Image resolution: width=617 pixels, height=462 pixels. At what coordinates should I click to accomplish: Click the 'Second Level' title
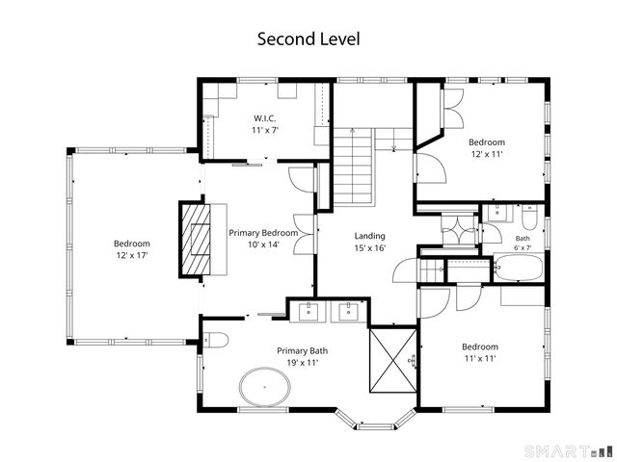click(x=308, y=39)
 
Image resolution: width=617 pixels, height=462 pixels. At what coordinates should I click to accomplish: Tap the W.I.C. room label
click(x=265, y=118)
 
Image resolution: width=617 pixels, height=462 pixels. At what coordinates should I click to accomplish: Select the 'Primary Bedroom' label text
click(x=263, y=233)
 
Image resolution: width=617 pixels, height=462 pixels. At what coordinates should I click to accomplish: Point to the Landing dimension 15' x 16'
click(x=369, y=248)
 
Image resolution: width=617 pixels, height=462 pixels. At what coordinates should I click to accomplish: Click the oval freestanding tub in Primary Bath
click(x=265, y=387)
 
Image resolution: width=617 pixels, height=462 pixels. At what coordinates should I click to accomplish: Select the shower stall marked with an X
click(x=393, y=360)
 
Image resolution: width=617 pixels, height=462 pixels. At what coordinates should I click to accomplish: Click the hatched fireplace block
click(x=195, y=240)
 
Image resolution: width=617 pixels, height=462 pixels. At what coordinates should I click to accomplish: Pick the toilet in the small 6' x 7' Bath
click(x=529, y=218)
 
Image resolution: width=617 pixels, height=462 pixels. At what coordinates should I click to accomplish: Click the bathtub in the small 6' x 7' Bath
click(x=519, y=268)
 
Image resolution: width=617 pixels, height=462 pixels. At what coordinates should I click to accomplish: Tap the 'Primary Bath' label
click(x=302, y=350)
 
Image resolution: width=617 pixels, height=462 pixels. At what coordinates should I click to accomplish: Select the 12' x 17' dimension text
click(x=132, y=256)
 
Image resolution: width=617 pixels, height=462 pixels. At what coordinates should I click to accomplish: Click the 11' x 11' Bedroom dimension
click(x=480, y=359)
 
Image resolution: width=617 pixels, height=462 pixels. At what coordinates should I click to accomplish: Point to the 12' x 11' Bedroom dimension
click(x=487, y=154)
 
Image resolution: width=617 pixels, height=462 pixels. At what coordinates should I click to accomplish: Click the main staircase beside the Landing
click(x=353, y=167)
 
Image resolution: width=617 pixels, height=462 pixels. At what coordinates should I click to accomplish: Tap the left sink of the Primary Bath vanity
click(x=308, y=312)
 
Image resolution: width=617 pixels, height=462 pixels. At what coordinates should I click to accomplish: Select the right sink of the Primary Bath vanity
click(x=349, y=312)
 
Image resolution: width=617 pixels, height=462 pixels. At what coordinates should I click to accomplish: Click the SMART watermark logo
click(x=568, y=450)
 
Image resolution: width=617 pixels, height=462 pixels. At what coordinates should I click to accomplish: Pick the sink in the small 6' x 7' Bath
click(x=497, y=213)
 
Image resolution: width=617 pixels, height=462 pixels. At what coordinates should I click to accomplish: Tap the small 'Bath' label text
click(x=523, y=239)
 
